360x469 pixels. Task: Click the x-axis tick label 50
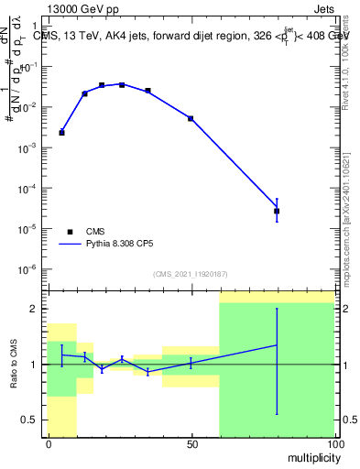[x=192, y=443]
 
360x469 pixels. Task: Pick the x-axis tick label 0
[x=49, y=443]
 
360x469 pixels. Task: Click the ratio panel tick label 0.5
[x=29, y=420]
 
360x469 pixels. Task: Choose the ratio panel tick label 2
[x=33, y=309]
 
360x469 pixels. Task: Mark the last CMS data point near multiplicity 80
[x=277, y=211]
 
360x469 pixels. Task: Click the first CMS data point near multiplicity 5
[x=61, y=133]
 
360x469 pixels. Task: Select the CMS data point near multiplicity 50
[x=191, y=118]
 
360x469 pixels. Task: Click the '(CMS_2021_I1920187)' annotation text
[x=191, y=274]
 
